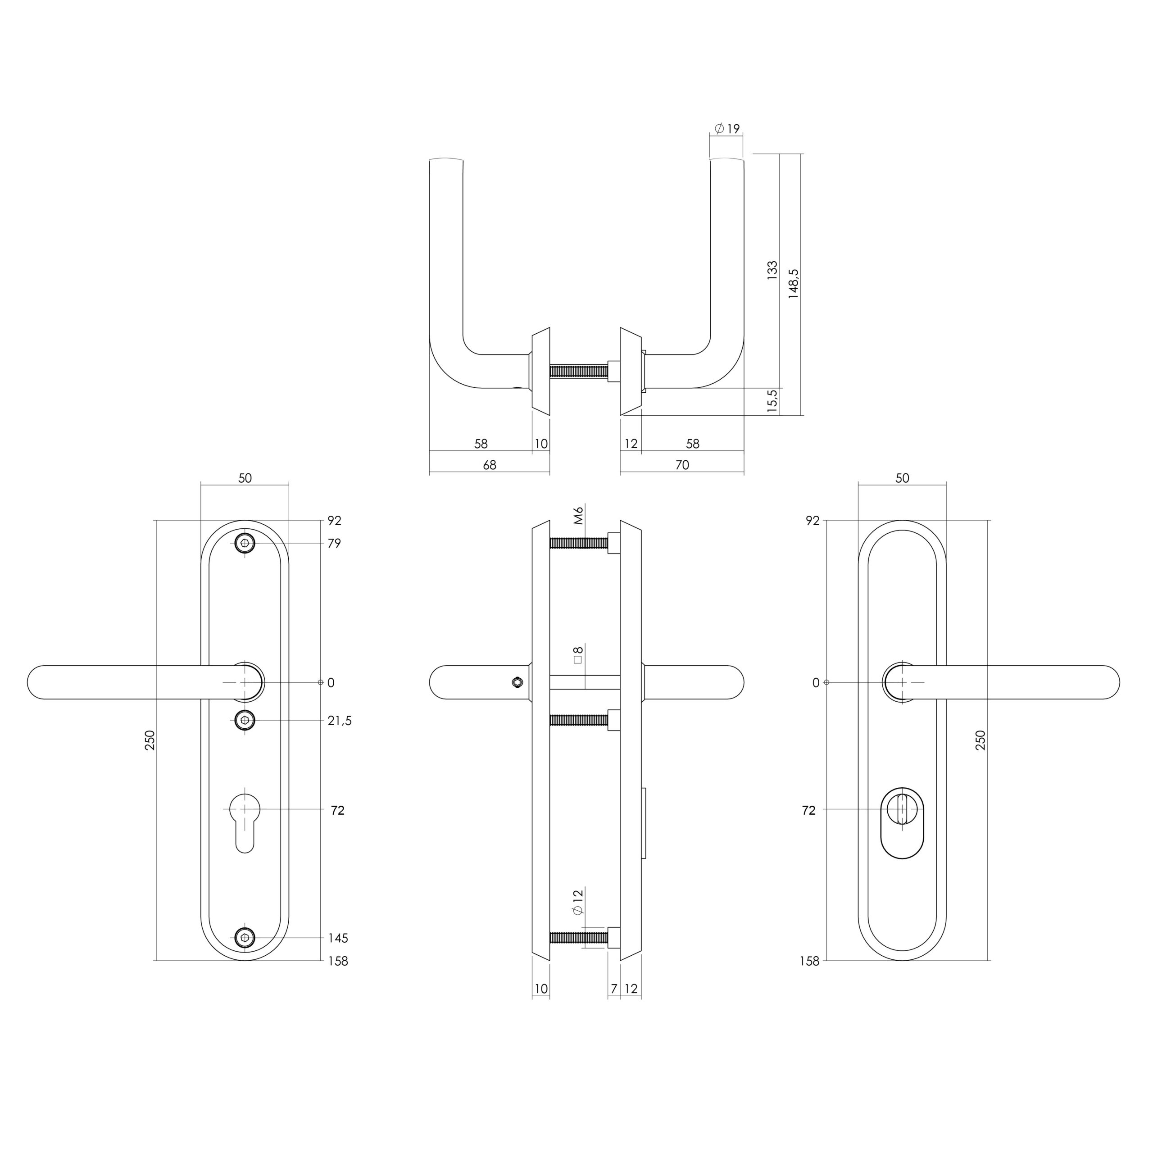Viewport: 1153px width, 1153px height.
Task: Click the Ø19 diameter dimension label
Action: [727, 128]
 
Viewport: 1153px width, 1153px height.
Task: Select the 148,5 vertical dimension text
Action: [793, 283]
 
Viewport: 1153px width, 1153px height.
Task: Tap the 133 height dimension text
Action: [772, 270]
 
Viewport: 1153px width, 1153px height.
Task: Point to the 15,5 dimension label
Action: [772, 401]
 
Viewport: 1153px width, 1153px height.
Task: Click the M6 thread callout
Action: [578, 515]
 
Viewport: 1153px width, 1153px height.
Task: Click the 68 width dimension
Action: [490, 465]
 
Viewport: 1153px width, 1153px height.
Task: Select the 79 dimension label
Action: [334, 543]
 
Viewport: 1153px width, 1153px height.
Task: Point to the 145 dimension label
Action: [338, 938]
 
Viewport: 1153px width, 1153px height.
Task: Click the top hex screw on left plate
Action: [245, 543]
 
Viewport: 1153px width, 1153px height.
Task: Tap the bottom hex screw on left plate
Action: [245, 938]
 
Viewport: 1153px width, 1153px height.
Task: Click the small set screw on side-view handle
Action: [517, 681]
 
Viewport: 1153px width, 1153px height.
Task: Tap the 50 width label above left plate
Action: [245, 478]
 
